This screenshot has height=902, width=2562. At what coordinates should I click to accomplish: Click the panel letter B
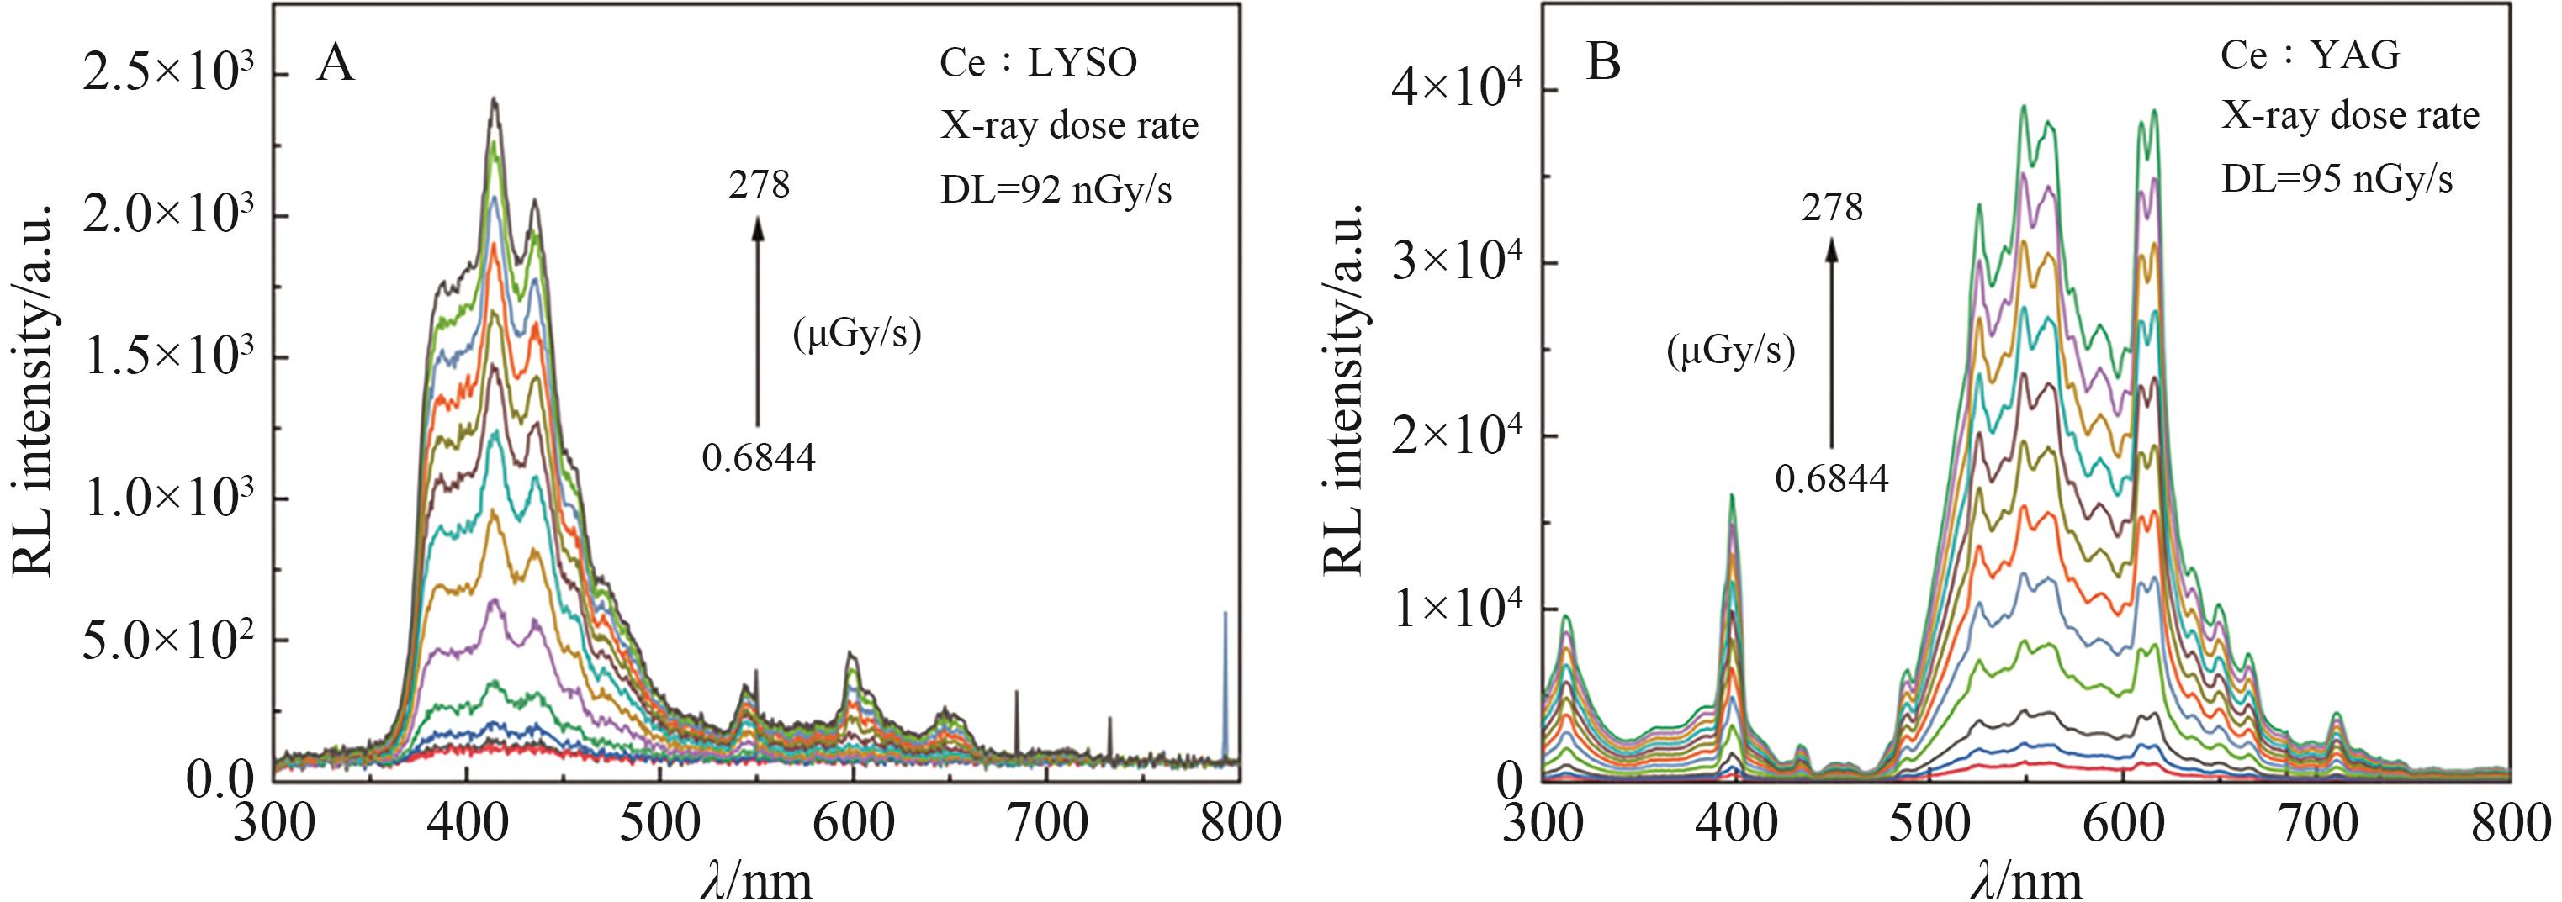(x=1604, y=61)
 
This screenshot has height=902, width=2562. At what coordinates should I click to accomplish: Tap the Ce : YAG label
(x=2311, y=55)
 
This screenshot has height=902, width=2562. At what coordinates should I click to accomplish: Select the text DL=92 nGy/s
(x=1056, y=189)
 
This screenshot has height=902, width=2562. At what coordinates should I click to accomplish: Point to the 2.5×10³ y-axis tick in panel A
(x=168, y=76)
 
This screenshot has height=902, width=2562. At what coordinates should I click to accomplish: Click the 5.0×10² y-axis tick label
(x=168, y=641)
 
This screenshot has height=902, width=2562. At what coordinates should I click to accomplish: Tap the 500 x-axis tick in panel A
(x=659, y=825)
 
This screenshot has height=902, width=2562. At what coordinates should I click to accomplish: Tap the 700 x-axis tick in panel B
(x=2316, y=825)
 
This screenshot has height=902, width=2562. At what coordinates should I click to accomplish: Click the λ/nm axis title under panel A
(x=757, y=879)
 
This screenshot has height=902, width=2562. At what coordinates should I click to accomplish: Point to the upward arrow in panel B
(x=1831, y=358)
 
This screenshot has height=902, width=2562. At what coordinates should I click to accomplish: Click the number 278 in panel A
(x=759, y=185)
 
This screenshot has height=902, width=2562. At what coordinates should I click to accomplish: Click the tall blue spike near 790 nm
(x=1225, y=686)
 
